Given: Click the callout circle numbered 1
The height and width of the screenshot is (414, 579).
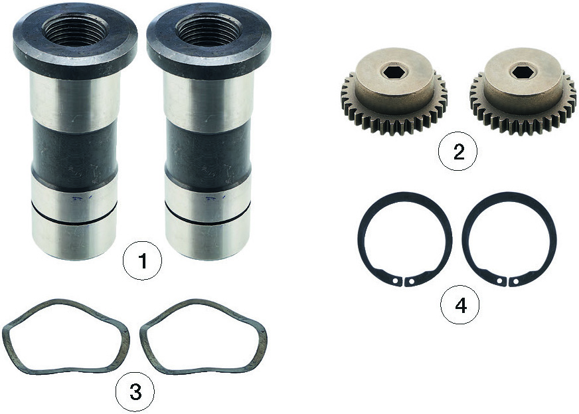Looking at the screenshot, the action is point(142,261).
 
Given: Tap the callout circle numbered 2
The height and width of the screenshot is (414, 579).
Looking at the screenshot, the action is point(458,152).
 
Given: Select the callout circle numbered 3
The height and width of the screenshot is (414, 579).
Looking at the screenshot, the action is point(135,392).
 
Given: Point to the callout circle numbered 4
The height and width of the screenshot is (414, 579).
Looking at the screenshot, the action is point(460,305).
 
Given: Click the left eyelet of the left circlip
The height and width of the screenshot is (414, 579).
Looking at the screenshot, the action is point(396,281).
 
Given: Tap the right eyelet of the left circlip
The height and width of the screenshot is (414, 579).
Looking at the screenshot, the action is point(412,283).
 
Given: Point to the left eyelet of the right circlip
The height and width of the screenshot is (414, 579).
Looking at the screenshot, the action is point(499,281).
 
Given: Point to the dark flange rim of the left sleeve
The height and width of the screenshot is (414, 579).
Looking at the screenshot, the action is point(75,59).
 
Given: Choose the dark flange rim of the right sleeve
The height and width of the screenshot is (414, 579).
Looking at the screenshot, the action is point(208,59).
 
